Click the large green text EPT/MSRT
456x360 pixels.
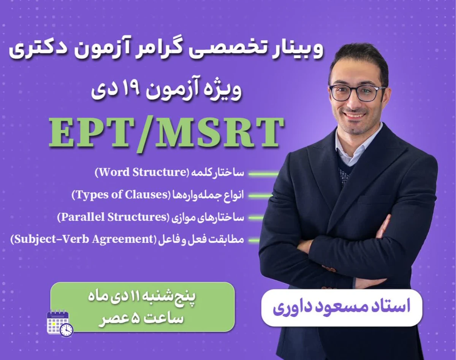(x=166, y=133)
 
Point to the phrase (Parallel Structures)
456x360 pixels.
(x=112, y=217)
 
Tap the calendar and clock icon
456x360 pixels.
(x=60, y=324)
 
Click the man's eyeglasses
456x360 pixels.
(x=357, y=92)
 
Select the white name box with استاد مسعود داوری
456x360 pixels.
(x=341, y=307)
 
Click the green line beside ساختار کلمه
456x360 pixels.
(x=263, y=174)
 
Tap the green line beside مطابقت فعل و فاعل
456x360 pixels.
(x=254, y=240)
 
